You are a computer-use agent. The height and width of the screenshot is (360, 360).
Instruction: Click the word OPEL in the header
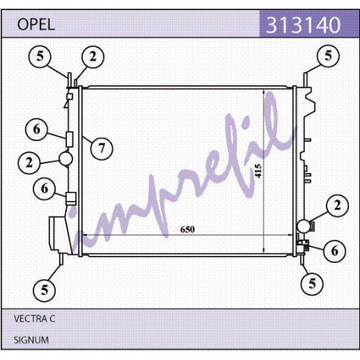coord(36,25)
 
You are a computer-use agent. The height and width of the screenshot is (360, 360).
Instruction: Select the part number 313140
coord(303,25)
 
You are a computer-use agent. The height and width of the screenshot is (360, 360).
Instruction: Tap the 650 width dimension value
coord(187,229)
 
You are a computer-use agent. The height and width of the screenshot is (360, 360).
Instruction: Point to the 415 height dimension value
coord(258,170)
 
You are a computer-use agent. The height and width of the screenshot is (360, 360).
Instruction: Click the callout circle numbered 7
coord(102,148)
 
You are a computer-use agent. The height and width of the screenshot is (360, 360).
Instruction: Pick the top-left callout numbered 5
coord(40,57)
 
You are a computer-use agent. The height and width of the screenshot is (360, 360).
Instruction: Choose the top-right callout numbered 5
coord(328,56)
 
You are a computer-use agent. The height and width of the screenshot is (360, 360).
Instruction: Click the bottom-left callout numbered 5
coord(45,290)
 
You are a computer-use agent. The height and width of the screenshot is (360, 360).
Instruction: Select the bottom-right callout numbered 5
coord(312,284)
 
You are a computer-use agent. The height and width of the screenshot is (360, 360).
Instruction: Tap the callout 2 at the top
coord(92,57)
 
